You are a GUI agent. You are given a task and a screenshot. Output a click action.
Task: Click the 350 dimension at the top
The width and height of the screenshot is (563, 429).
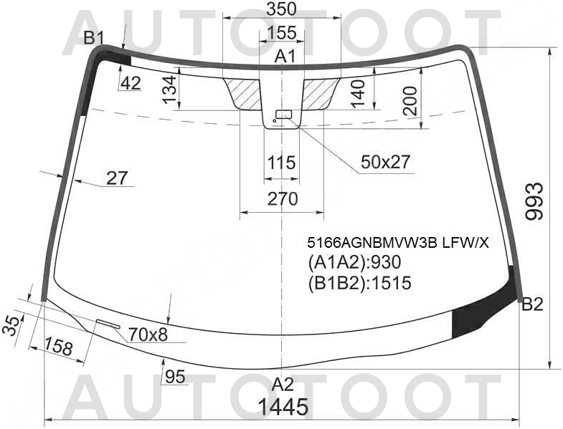[281, 10]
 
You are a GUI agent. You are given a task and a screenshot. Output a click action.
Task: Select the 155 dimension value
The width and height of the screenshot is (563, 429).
[281, 33]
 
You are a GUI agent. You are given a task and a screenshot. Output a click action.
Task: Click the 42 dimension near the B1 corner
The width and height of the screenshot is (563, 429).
[130, 84]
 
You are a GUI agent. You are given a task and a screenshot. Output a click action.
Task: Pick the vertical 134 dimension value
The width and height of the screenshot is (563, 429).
[169, 91]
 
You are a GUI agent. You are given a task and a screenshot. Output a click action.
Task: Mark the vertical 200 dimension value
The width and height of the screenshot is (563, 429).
[410, 100]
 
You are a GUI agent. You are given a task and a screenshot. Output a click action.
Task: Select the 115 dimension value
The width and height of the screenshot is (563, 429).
[281, 163]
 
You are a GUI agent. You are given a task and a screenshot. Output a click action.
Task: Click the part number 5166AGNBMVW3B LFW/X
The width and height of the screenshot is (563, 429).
[397, 242]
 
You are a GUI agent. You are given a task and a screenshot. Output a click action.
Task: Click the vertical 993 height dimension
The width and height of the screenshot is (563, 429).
[536, 201]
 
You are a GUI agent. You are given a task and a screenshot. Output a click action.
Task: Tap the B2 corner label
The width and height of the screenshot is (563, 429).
[532, 305]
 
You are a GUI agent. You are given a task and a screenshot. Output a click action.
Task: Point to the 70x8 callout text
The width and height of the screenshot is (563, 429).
[148, 333]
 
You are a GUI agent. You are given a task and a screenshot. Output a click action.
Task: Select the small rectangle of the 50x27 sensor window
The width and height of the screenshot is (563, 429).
[284, 114]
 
